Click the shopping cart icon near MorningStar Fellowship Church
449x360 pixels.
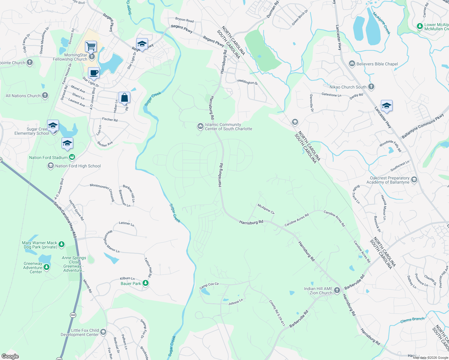coord(91,46)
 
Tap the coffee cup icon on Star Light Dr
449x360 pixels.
coord(94,73)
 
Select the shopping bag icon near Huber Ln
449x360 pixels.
coord(124,97)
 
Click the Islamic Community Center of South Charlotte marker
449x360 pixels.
coord(200,126)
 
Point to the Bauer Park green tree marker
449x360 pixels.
coord(146,283)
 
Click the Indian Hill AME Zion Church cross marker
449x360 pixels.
coord(337,290)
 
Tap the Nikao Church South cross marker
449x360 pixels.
coord(371,87)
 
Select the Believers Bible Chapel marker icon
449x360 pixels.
coord(352,64)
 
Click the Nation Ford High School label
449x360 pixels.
coord(78,166)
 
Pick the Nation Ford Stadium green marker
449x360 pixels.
coord(72,157)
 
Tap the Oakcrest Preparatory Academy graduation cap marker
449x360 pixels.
coord(414,180)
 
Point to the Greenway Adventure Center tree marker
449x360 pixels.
coord(46,267)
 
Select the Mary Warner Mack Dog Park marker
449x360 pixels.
coord(61,244)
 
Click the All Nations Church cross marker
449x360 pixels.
coord(45,95)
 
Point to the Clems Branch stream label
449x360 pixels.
coord(412,320)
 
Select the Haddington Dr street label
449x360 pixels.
coord(247,82)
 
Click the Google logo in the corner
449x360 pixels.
coord(10,356)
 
